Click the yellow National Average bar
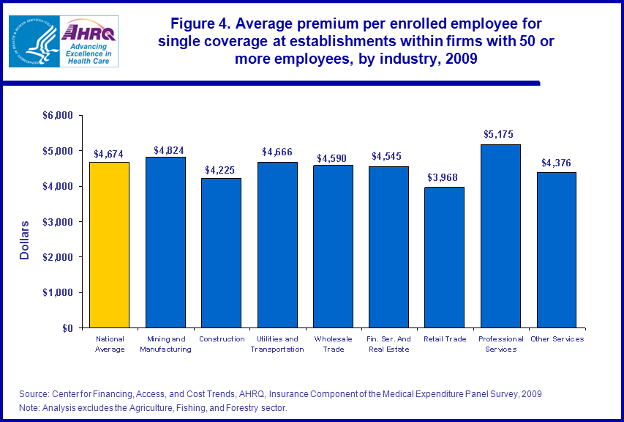109,245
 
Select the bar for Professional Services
501,236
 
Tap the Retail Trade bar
445,257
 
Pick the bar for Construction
221,253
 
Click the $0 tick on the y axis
68,328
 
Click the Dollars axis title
25,240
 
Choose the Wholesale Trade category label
333,344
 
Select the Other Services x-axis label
557,339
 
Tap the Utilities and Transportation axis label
277,344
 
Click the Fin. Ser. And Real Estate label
389,344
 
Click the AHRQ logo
89,42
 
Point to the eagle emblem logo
33,42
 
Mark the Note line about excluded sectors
153,407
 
